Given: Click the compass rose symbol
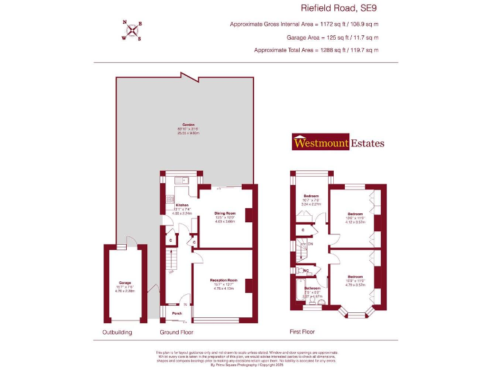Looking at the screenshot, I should coord(133,30).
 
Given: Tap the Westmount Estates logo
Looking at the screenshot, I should coord(338,143).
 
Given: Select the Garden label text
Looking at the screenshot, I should coord(188,125).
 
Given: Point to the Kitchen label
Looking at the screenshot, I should coord(181,205).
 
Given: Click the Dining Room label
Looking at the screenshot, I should coord(225,213).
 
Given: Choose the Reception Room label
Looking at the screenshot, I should coord(224,281).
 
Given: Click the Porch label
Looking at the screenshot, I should coord(176,314).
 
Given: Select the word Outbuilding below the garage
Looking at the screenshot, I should coord(117,332).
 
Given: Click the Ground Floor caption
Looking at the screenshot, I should coord(176,332).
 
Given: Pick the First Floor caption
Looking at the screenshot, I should coord(305,332).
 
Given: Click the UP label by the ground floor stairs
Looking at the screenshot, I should coord(170,272).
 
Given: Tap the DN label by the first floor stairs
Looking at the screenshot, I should coord(310,244).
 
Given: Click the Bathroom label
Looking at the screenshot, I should coord(312,288).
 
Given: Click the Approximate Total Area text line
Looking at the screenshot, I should coord(316,49).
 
